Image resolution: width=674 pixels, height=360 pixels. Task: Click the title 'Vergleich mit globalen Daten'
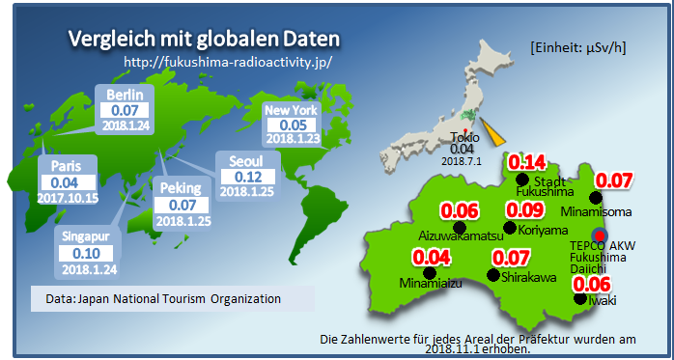[x=204, y=40]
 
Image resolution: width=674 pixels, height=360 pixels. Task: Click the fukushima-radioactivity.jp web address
[x=228, y=61]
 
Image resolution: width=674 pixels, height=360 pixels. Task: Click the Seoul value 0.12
[x=248, y=177]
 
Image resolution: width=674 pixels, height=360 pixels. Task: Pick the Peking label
[x=182, y=188]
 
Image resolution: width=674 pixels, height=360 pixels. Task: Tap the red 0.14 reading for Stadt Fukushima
[x=527, y=161]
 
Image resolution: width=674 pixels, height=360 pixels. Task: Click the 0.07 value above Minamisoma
[x=613, y=180]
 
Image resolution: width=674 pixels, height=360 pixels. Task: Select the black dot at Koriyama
[x=509, y=227]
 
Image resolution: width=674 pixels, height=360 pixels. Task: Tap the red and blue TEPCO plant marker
[x=600, y=235]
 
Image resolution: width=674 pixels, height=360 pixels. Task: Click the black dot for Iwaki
[x=578, y=298]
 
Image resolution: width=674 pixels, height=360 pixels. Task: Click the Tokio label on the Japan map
[x=466, y=138]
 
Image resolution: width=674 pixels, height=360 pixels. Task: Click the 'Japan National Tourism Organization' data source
[x=179, y=298]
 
